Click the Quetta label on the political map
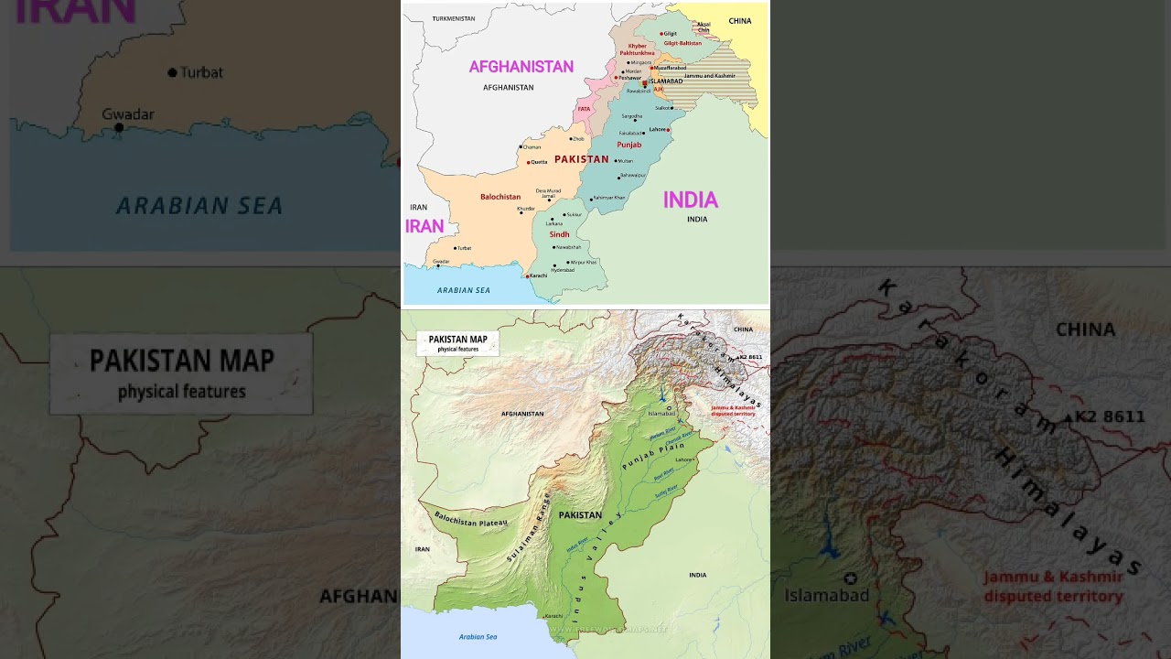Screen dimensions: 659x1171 point(538,162)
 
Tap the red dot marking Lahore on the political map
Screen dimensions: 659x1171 point(669,130)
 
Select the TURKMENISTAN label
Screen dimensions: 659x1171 point(454,18)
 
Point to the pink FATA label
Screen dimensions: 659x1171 point(583,109)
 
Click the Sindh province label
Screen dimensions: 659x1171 point(559,234)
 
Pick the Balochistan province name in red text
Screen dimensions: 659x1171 point(500,197)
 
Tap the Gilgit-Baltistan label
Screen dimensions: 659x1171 point(682,43)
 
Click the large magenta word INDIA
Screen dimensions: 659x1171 point(690,200)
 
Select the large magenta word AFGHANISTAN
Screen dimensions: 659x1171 point(521,67)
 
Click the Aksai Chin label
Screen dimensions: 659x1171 point(704,27)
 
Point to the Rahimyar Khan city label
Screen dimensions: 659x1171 point(609,198)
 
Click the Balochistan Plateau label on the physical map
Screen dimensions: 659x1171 point(470,523)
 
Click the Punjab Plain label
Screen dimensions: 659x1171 point(653,455)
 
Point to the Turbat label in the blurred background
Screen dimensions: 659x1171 point(201,72)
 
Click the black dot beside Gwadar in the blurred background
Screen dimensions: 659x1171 point(119,128)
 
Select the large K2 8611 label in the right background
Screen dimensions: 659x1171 point(1109,417)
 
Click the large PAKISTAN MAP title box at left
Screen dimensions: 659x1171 point(181,373)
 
